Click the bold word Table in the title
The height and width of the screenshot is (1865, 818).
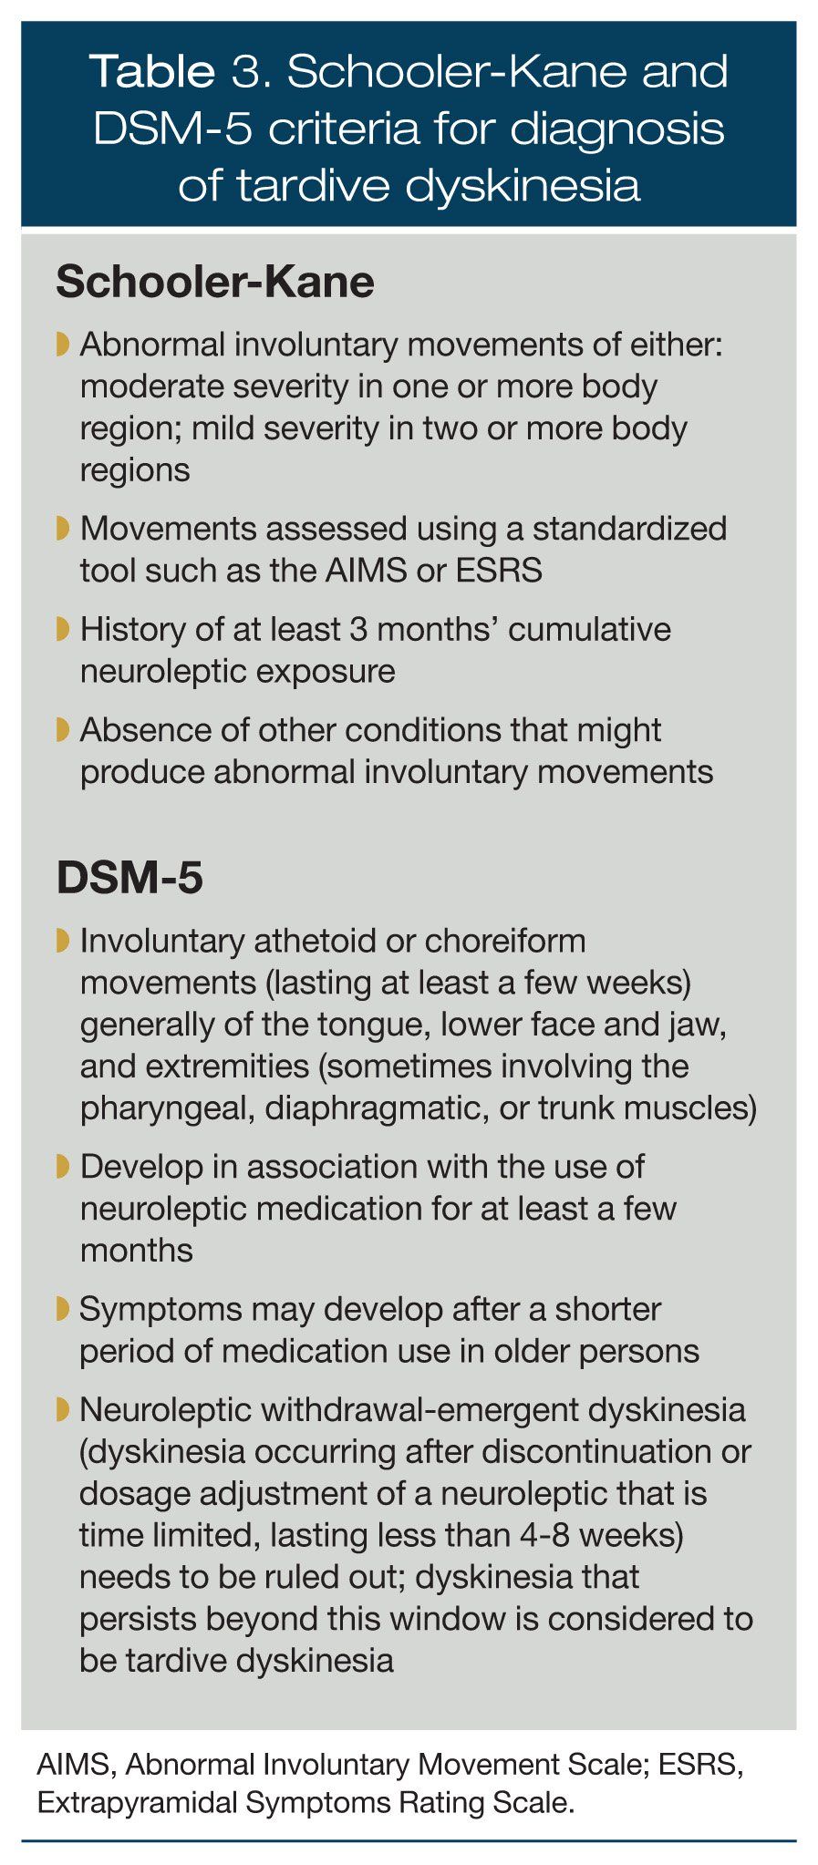click(x=151, y=74)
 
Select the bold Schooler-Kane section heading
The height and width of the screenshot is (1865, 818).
click(x=214, y=283)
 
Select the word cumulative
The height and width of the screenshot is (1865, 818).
click(x=589, y=630)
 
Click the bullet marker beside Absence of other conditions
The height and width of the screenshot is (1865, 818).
click(x=62, y=730)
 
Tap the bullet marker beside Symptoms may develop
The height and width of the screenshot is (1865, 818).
click(x=62, y=1309)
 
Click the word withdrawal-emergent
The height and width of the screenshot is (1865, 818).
click(x=410, y=1410)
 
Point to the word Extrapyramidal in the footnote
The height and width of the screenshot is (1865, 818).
click(x=127, y=1803)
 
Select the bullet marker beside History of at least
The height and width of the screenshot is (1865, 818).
click(x=62, y=630)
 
